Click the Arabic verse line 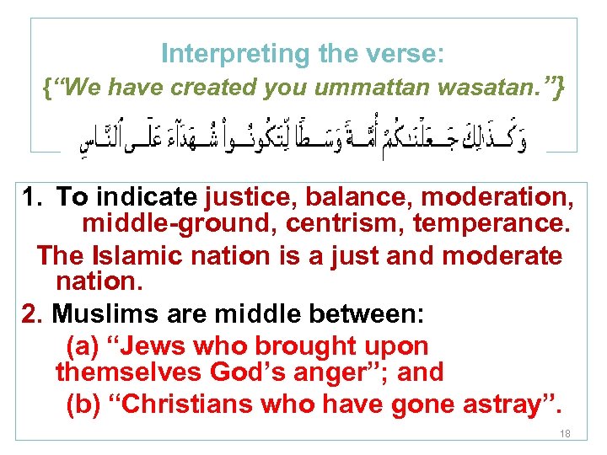click(303, 138)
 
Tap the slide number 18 click(564, 433)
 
